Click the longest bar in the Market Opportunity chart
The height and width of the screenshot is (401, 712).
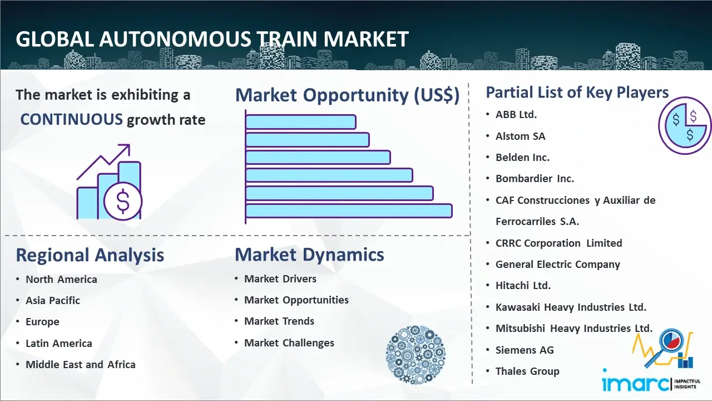[x=349, y=211]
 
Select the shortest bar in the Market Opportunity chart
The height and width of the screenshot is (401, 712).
[x=301, y=122]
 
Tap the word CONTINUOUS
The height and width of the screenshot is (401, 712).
[x=72, y=120]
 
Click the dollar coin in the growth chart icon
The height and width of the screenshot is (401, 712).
[x=123, y=202]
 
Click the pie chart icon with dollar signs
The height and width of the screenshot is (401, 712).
[x=684, y=126]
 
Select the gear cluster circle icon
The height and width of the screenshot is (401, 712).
[x=416, y=355]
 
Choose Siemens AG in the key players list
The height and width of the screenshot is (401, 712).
[x=525, y=350]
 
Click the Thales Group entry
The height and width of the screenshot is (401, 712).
[x=527, y=371]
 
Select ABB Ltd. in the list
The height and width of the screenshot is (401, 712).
[x=516, y=115]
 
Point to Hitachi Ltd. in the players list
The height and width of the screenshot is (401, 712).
[x=523, y=286]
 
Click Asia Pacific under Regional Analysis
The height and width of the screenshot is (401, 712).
[x=53, y=300]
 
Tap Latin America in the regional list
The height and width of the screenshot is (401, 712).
[x=59, y=344]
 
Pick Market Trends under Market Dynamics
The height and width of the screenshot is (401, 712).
[x=279, y=321]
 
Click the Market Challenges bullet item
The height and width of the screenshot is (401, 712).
[x=289, y=343]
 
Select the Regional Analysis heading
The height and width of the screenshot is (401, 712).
[x=90, y=255]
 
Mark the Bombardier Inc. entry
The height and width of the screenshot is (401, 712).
[x=535, y=179]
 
